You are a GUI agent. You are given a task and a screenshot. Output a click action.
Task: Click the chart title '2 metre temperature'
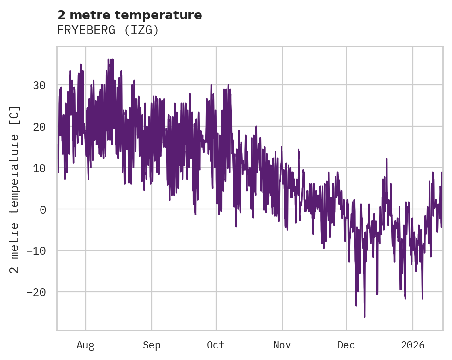point(129,15)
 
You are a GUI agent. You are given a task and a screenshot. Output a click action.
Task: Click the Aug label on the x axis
point(85,345)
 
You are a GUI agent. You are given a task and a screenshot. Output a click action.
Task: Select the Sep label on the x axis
point(152,345)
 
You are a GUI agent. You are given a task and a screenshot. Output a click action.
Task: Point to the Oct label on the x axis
point(216,345)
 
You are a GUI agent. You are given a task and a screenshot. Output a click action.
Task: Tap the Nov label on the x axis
point(282,345)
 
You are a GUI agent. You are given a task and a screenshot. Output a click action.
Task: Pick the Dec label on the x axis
point(346,345)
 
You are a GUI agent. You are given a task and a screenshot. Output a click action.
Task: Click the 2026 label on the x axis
point(413,345)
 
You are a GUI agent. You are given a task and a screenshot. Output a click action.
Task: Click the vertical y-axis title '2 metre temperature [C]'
point(15,189)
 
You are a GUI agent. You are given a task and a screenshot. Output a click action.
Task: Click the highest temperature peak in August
point(109,59)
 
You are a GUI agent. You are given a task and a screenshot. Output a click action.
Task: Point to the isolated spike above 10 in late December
point(387,159)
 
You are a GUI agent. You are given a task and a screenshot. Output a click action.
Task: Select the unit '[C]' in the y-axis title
point(15,116)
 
